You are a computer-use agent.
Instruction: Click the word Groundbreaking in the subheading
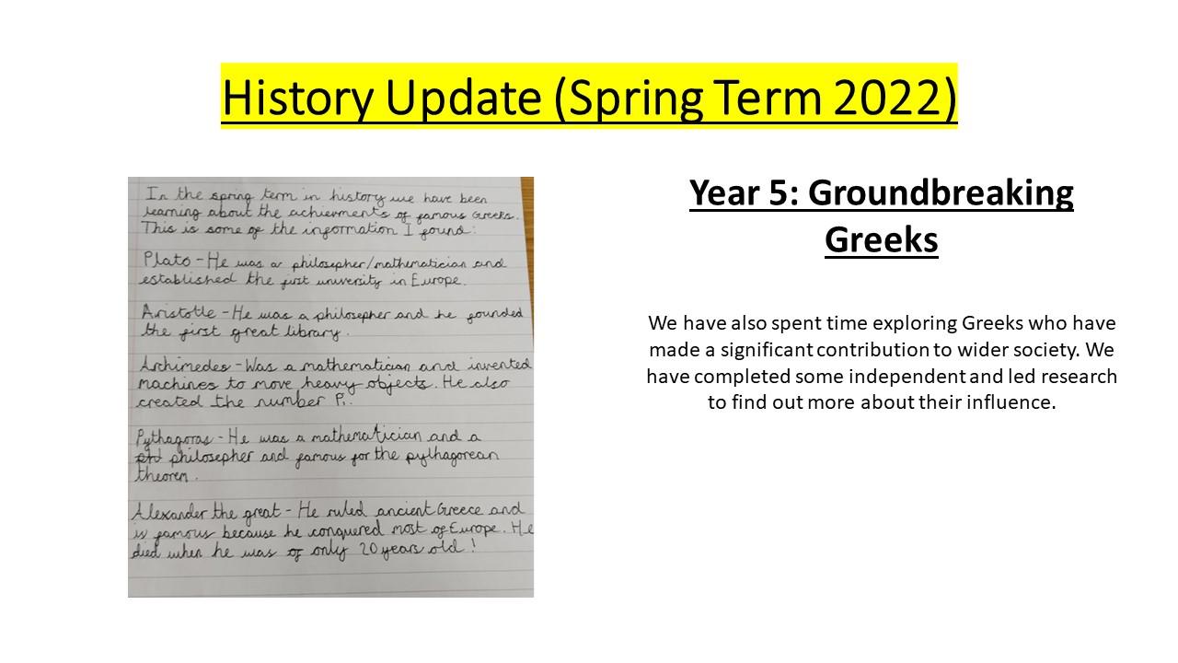(941, 194)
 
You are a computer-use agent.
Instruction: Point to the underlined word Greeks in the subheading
(882, 240)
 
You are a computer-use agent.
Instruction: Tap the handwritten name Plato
(167, 260)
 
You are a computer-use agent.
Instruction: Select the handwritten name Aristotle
(179, 312)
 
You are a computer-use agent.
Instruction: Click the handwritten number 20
(369, 549)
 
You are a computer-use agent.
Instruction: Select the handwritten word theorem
(161, 475)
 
